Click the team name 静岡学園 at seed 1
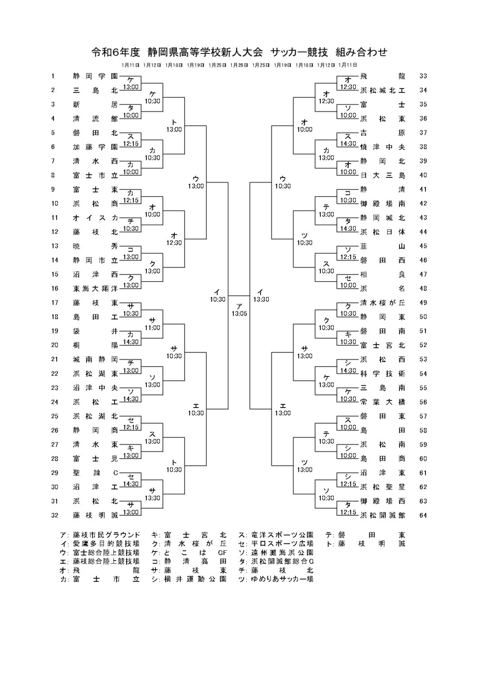tap(95, 76)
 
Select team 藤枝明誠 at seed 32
tap(95, 515)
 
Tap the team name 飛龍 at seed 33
tap(382, 76)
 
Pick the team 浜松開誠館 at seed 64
tap(382, 515)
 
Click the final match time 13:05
tap(240, 314)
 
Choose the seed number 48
tap(423, 288)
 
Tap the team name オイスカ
tap(95, 218)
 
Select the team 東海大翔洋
tap(95, 288)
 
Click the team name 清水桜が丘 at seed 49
tap(382, 303)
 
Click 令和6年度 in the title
tap(115, 53)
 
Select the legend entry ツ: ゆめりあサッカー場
tap(276, 579)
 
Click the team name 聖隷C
tap(95, 473)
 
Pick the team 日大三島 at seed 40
tap(382, 175)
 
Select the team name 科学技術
tap(382, 374)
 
